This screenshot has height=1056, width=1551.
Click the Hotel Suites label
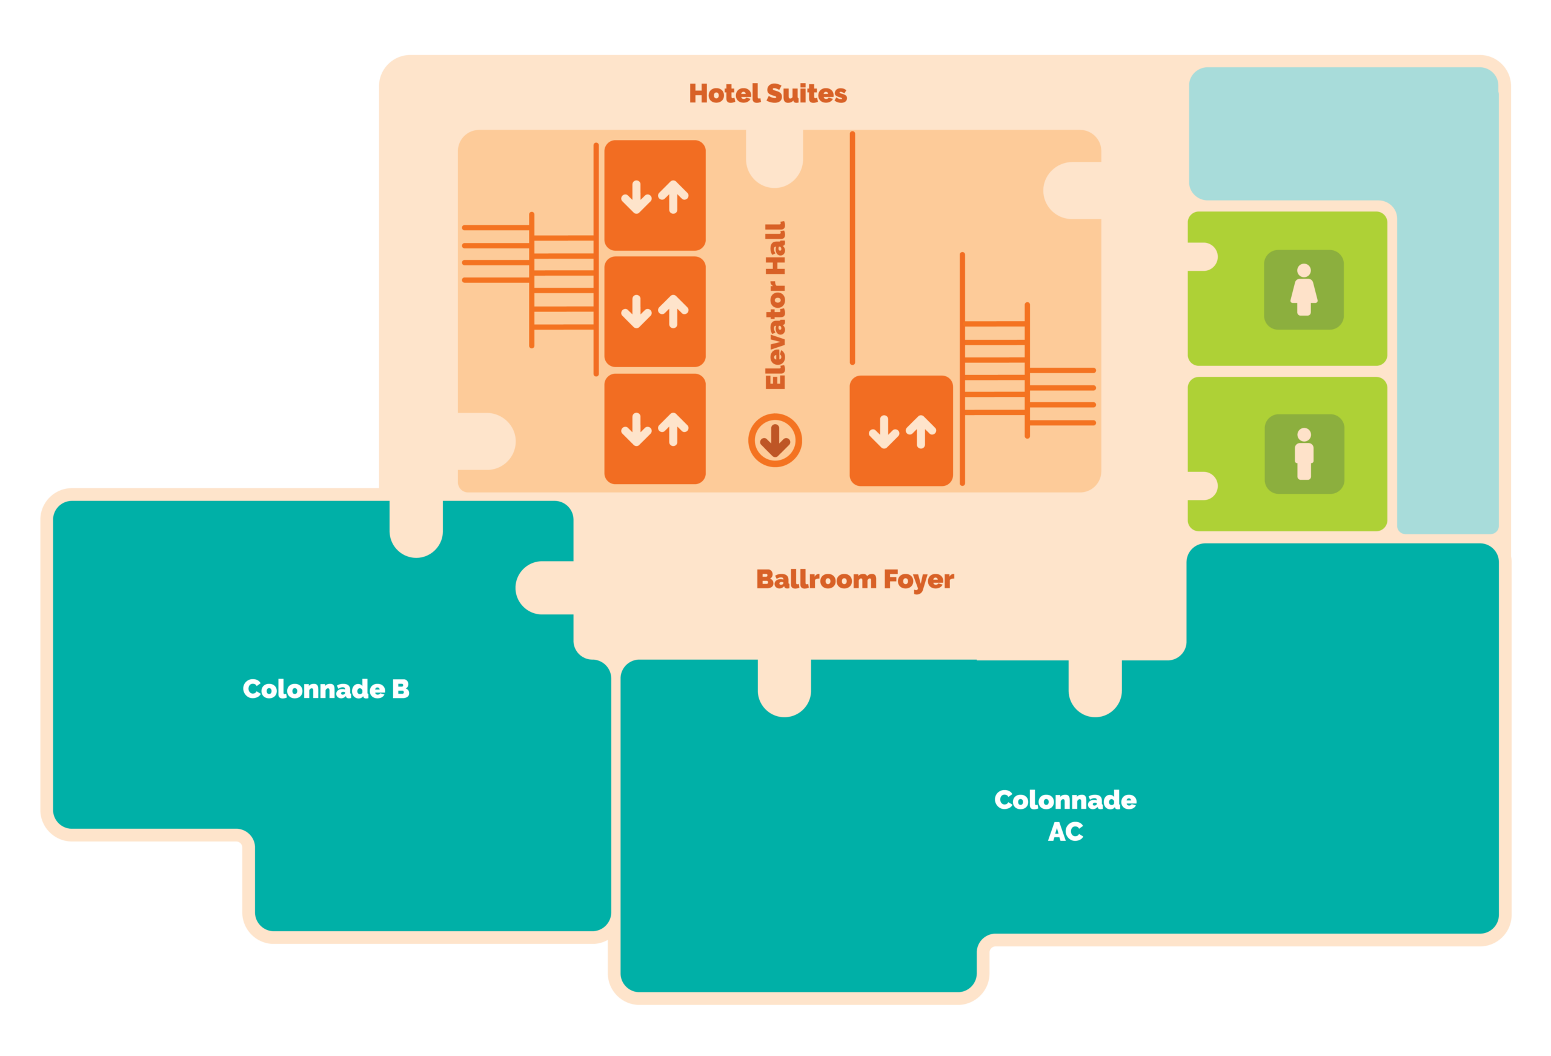coord(768,93)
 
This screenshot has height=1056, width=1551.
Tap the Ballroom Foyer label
coord(855,579)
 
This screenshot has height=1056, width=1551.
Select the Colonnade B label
coord(326,689)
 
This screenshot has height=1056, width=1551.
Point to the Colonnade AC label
coord(1065,815)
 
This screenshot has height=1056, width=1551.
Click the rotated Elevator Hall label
coord(775,306)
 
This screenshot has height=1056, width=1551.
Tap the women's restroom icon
coord(1303,290)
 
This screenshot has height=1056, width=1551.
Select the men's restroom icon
coord(1304,454)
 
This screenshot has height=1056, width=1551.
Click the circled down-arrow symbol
coord(775,440)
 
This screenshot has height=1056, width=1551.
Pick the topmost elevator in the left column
coord(655,196)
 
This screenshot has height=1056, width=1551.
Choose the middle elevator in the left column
coord(655,312)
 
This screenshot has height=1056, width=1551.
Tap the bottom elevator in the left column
coord(655,428)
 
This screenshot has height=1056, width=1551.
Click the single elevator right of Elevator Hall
coord(901,431)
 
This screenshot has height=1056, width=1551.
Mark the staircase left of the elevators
coord(531,281)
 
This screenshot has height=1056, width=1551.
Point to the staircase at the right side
coord(1028,369)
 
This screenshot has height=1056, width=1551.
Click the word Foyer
coord(918,579)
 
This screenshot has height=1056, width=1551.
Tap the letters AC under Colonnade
coord(1065,832)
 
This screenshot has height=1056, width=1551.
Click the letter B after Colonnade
coord(400,689)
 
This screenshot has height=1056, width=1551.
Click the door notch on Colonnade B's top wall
coord(416,527)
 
